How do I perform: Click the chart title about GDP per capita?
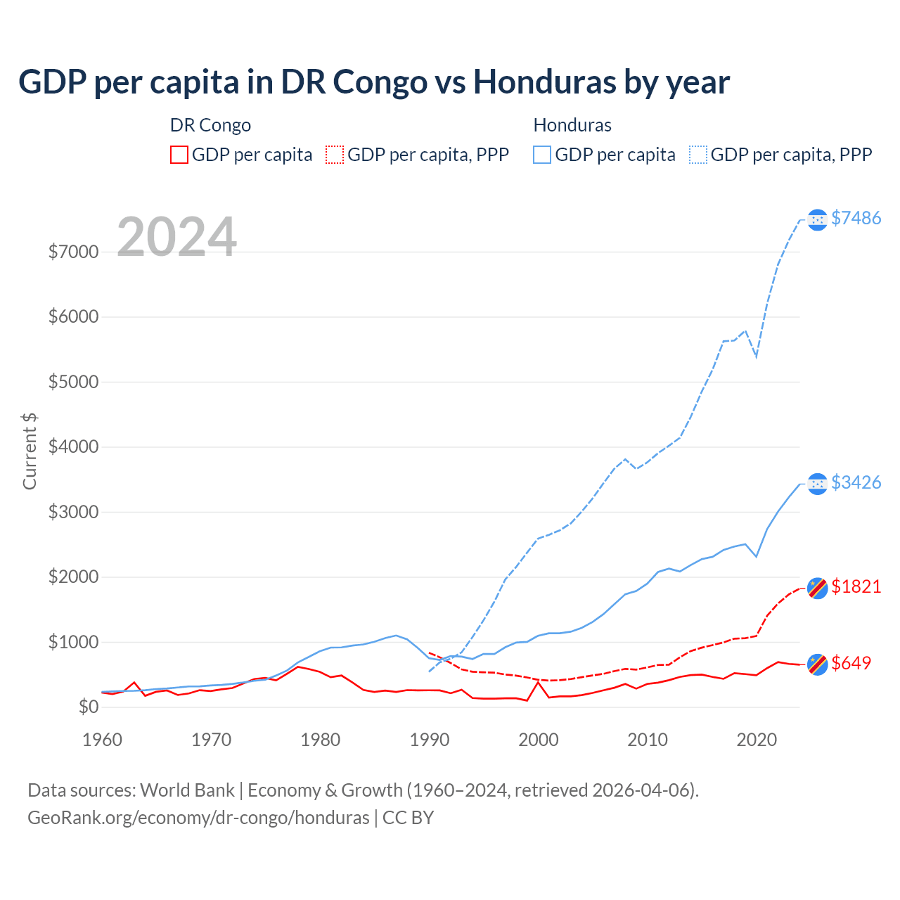[x=374, y=82]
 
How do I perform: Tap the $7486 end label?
[x=856, y=218]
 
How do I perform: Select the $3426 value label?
[x=856, y=482]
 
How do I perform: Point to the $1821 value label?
[x=856, y=586]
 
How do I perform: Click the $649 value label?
[x=851, y=663]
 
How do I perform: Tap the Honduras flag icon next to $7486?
[x=817, y=220]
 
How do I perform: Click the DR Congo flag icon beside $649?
[x=817, y=664]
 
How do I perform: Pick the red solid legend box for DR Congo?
[x=179, y=155]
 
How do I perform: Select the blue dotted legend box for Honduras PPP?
[x=698, y=155]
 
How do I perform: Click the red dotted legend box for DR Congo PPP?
[x=335, y=155]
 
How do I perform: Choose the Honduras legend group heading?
[x=572, y=125]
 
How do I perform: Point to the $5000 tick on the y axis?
[x=73, y=382]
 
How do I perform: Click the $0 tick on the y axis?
[x=88, y=707]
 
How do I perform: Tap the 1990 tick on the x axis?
[x=430, y=740]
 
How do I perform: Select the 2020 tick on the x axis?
[x=757, y=740]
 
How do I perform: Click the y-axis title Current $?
[x=30, y=451]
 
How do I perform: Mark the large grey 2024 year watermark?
[x=176, y=237]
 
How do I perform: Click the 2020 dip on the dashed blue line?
[x=757, y=356]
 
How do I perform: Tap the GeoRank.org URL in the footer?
[x=198, y=818]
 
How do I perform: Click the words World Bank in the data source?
[x=187, y=790]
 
